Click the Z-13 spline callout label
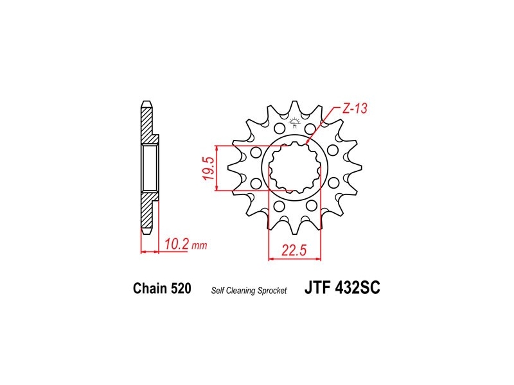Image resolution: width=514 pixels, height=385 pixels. (x=355, y=108)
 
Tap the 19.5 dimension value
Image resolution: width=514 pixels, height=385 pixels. (x=209, y=168)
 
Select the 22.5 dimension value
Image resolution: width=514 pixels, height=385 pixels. (x=294, y=250)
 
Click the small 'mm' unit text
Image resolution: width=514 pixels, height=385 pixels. (x=199, y=246)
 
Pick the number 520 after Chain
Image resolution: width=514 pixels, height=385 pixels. (x=181, y=288)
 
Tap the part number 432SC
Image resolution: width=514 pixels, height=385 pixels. (x=358, y=287)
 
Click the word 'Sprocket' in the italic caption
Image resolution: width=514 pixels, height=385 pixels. (x=272, y=291)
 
